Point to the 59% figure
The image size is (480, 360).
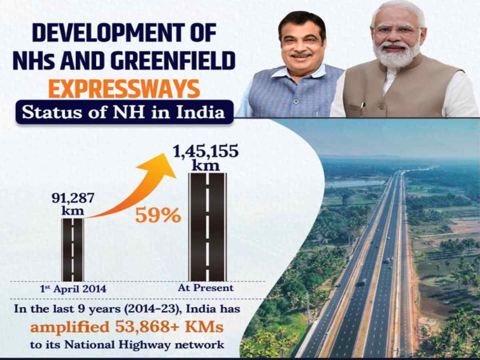point(158,216)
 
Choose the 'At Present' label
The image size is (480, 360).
point(206,288)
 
